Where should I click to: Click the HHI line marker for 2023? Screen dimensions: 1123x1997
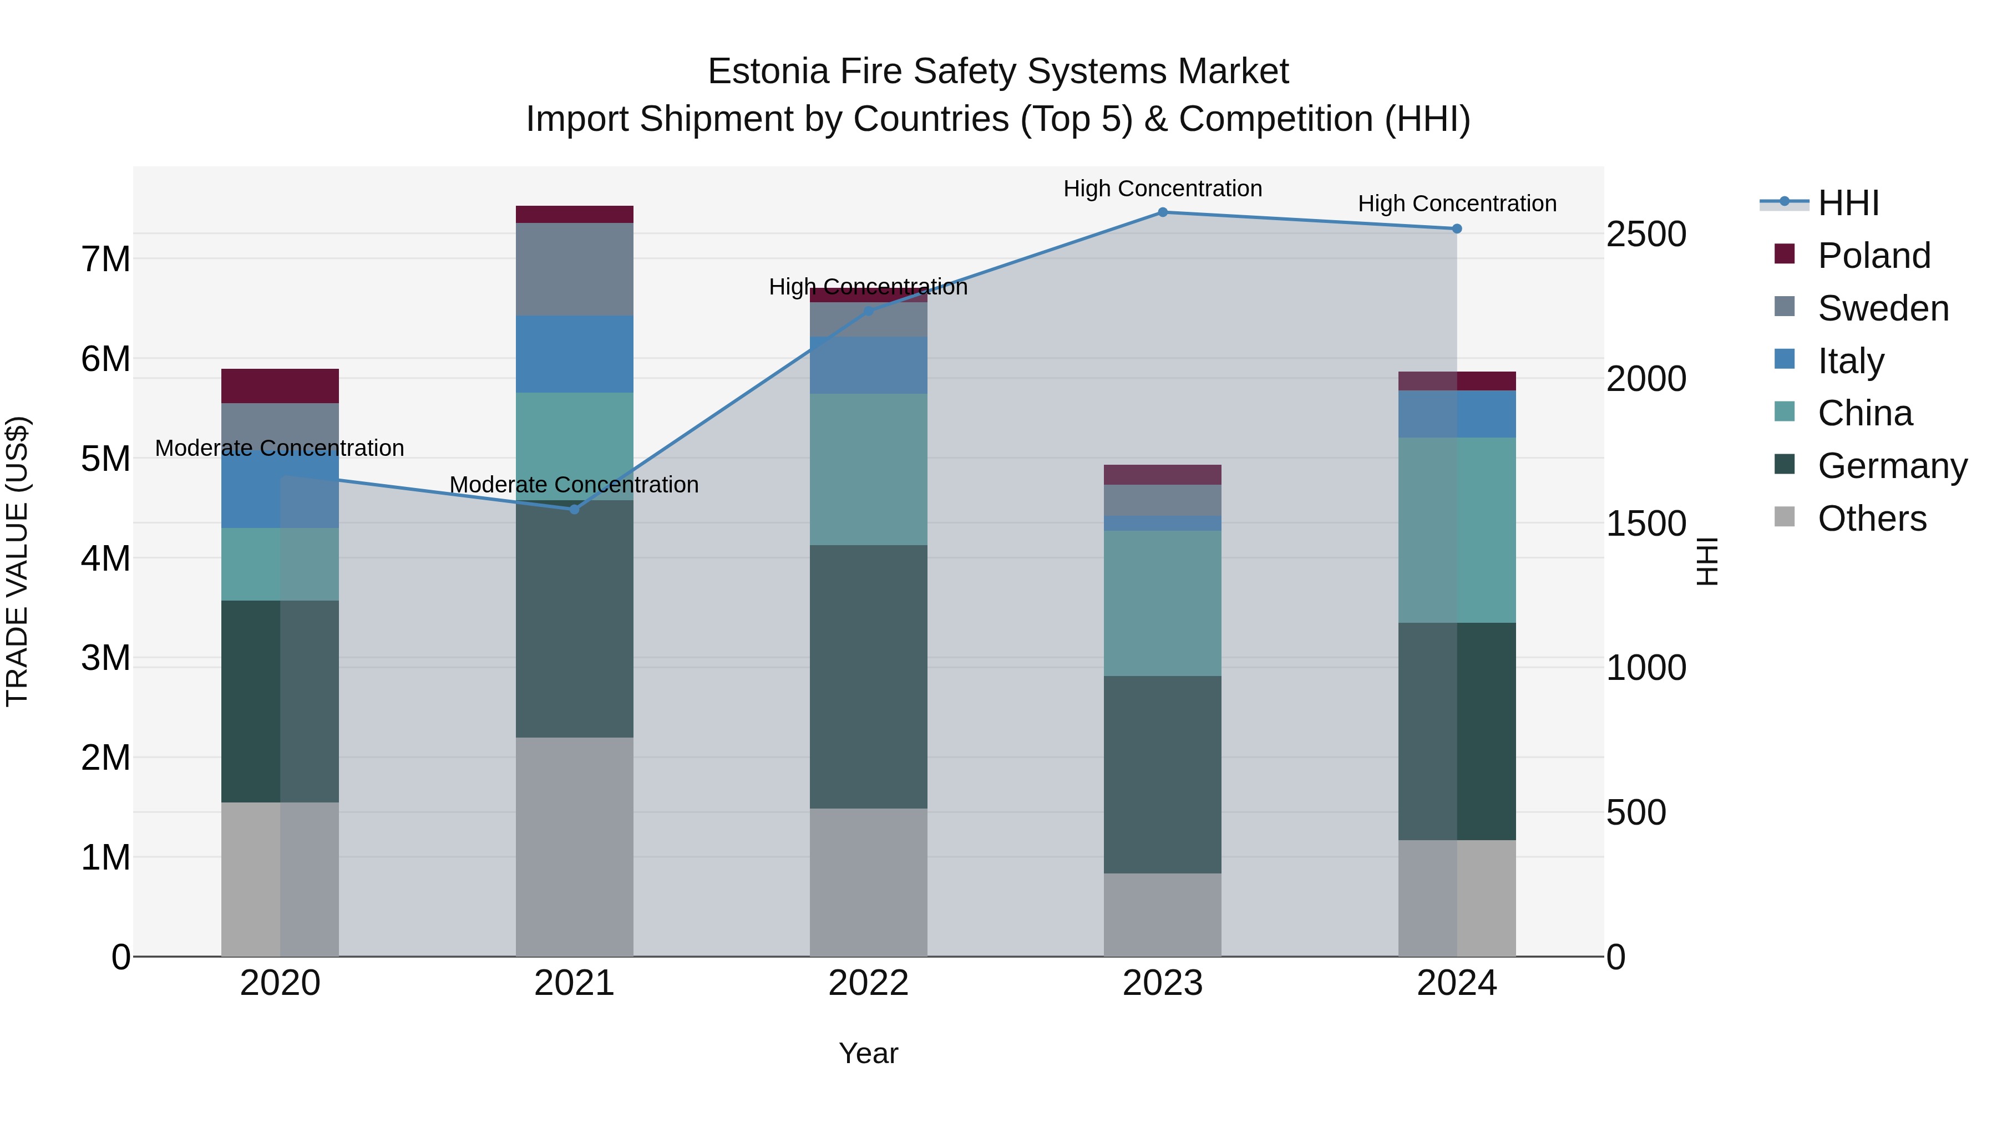point(1162,212)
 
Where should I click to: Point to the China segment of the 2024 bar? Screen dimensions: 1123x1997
point(1457,530)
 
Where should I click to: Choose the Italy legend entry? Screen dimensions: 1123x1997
point(1851,361)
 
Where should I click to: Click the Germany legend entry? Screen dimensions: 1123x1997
point(1892,466)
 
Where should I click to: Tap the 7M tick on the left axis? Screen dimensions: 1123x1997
point(105,259)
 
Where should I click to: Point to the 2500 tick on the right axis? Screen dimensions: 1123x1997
point(1646,234)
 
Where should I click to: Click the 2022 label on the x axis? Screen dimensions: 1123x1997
point(868,983)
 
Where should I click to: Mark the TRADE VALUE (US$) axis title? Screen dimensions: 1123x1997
point(17,561)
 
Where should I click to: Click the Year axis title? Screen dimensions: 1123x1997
point(868,1053)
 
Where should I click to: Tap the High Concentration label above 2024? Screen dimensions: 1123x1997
point(1457,204)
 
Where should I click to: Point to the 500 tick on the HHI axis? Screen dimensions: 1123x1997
point(1636,812)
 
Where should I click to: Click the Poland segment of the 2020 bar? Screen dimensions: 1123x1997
point(280,386)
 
